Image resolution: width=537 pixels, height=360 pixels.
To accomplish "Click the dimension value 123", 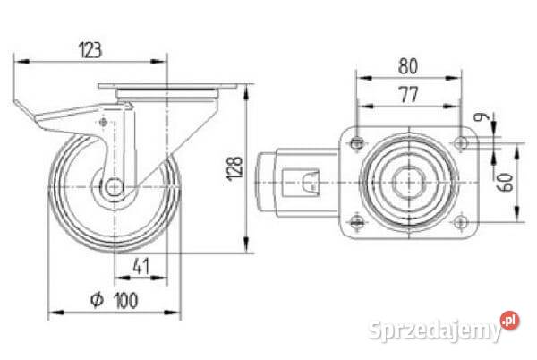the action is point(90,50).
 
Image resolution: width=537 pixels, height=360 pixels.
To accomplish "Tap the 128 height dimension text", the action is point(234,167).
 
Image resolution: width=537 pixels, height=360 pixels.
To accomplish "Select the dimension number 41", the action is point(141,267).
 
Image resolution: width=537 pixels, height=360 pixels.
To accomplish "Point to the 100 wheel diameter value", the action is point(126,300).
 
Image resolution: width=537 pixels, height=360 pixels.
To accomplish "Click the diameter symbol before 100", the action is point(97,300).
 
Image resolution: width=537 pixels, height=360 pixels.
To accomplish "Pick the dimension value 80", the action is point(408,66).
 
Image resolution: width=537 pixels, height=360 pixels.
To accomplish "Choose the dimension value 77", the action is point(409,95).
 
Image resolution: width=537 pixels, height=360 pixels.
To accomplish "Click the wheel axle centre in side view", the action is point(115,187).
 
